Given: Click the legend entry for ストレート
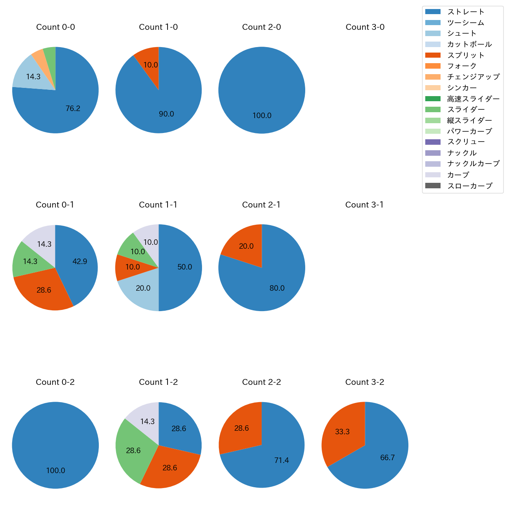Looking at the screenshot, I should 466,12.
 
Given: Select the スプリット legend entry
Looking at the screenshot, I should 466,55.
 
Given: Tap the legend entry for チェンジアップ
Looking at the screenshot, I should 473,77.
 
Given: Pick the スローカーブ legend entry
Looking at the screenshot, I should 470,186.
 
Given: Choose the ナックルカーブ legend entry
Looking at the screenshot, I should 473,164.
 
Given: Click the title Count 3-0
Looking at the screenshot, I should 365,27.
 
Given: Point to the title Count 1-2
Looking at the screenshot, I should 158,382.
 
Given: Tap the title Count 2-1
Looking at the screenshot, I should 261,205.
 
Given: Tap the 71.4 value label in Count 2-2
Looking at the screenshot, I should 281,460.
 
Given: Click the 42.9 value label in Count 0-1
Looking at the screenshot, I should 80,261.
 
